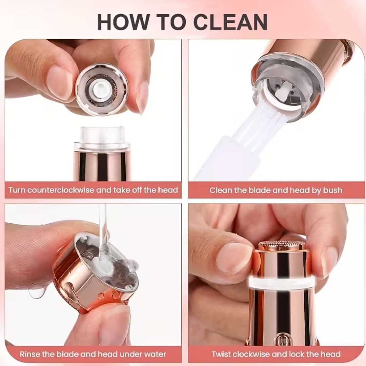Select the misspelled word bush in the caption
pos(332,190)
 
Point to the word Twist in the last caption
pos(223,354)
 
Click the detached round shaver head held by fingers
pos(102,89)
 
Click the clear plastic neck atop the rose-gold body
pos(102,137)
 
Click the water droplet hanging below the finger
pos(36,292)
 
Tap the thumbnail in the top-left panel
pos(59,81)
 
